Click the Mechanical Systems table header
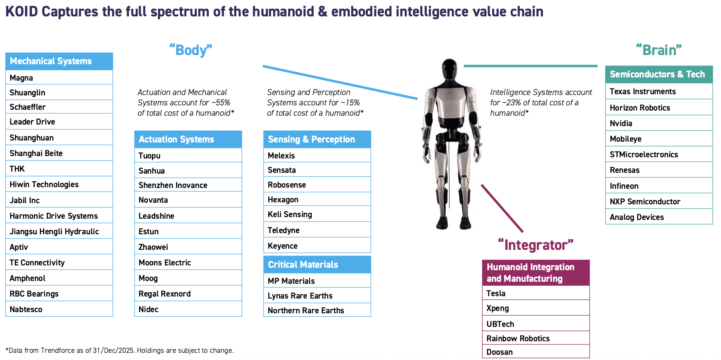pos(59,61)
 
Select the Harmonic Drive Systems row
pos(59,216)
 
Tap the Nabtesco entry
pos(59,309)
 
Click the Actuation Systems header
pos(188,139)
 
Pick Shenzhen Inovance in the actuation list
pos(188,185)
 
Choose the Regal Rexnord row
pos(188,294)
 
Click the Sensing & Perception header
pos(317,139)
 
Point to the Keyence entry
pos(317,245)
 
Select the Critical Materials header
pos(317,265)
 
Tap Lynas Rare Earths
pos(317,296)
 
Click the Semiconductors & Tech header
pos(659,74)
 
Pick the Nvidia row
pos(659,123)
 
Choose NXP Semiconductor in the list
pos(659,202)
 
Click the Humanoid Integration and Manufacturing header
pos(536,273)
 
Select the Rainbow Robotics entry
pos(536,338)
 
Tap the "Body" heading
pos(191,50)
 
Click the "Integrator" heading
pos(536,245)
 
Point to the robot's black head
pos(450,70)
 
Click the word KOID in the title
pos(22,12)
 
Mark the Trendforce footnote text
pos(119,350)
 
